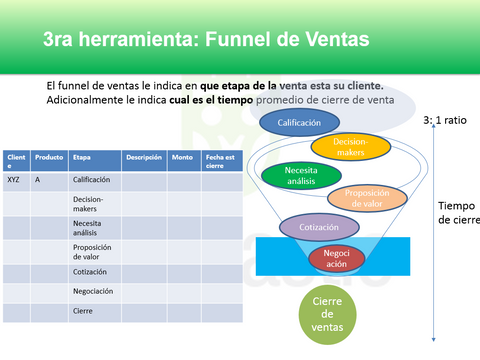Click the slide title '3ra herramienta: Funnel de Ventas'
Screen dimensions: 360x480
(205, 40)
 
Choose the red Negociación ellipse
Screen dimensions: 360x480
(336, 258)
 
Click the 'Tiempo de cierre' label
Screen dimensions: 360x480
(458, 213)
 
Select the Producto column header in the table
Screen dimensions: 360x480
(49, 157)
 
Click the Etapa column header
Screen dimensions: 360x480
(82, 157)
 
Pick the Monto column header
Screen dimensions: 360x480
(182, 157)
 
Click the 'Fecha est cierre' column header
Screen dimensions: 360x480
(220, 161)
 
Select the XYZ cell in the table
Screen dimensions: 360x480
(14, 181)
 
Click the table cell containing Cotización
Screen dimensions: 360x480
(91, 271)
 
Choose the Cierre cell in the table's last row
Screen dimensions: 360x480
(83, 311)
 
